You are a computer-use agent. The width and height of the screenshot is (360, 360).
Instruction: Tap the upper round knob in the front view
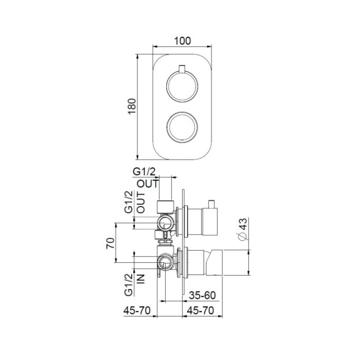(182, 85)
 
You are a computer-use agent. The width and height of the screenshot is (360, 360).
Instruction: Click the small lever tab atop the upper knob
(182, 68)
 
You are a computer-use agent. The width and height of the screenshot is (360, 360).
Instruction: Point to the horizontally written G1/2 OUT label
(147, 178)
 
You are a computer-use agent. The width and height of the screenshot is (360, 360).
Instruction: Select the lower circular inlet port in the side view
(164, 263)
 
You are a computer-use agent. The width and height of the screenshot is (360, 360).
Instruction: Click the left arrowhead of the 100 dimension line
(154, 48)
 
